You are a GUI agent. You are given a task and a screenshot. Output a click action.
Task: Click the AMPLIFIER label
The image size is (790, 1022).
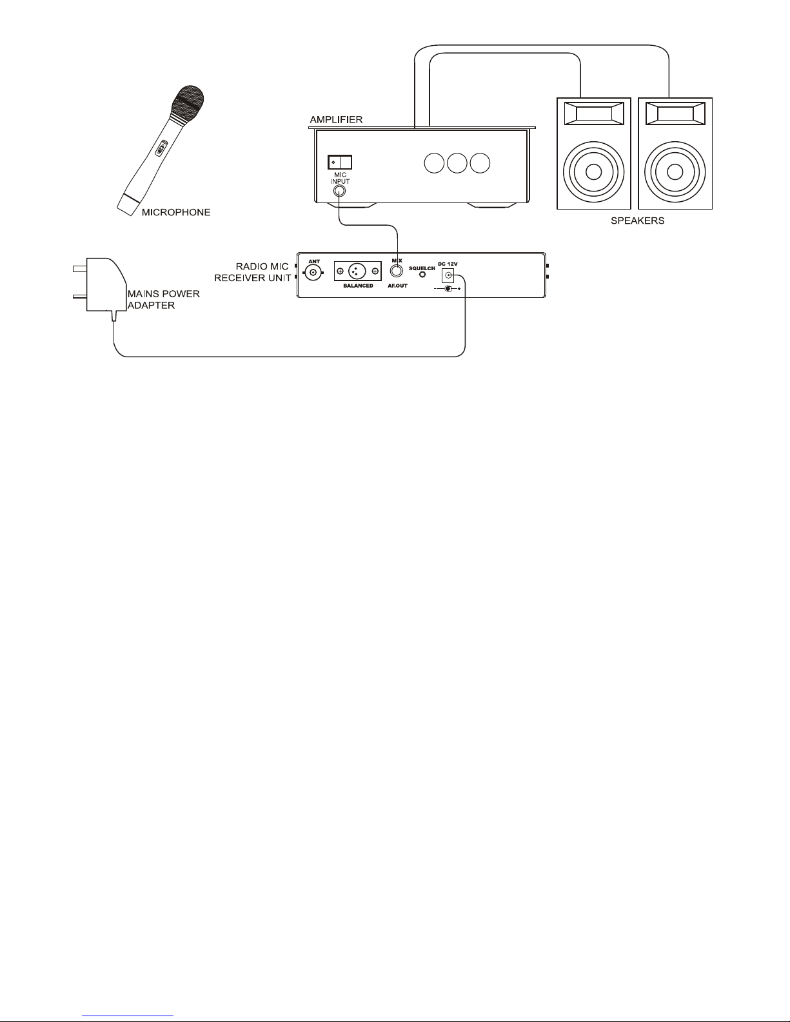tap(336, 119)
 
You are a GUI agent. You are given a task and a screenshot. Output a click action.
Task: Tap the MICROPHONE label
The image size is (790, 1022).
tap(176, 212)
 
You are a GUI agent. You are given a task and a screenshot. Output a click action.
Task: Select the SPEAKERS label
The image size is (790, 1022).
tap(637, 221)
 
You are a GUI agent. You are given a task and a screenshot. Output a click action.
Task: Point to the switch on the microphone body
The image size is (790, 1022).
tap(161, 148)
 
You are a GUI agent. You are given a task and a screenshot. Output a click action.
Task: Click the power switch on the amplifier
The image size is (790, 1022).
tap(339, 162)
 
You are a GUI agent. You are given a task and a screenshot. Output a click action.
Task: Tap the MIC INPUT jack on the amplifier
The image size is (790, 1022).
tap(339, 191)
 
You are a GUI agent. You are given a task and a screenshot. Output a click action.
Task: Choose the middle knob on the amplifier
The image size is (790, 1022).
tap(457, 163)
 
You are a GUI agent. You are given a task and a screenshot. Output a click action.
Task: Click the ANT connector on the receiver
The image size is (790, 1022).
tap(313, 272)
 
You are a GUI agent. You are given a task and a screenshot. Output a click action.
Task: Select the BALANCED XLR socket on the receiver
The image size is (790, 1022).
tap(357, 271)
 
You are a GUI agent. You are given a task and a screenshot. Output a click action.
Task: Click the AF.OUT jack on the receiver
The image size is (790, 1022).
tap(397, 271)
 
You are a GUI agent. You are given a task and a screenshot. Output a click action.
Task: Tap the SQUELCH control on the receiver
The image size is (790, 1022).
tap(422, 275)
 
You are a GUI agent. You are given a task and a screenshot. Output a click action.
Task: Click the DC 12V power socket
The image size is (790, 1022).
tap(448, 275)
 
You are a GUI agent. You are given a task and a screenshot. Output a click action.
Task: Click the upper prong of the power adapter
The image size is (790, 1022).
tap(79, 269)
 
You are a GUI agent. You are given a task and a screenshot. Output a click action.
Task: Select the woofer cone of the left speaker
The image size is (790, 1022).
tap(594, 172)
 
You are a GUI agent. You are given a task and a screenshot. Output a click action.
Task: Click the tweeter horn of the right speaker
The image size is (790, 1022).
tap(675, 113)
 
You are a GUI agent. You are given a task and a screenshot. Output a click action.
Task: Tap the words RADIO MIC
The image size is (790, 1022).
tap(262, 266)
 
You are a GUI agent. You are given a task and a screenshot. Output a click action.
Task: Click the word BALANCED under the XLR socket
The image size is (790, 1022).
tap(358, 286)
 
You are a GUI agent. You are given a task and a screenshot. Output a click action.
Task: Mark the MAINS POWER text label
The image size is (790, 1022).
tap(164, 294)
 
